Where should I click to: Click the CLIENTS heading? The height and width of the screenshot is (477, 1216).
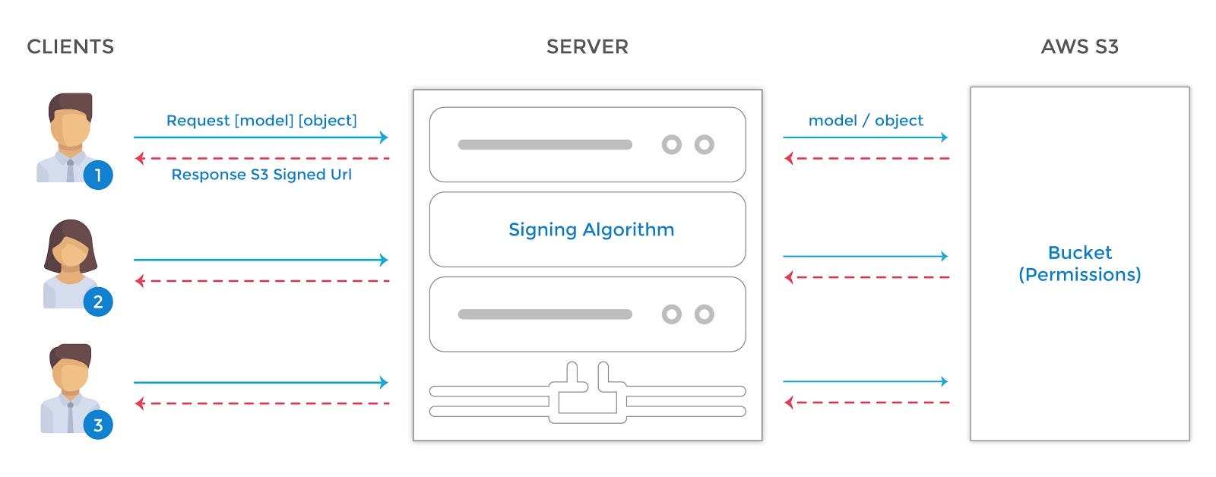(70, 47)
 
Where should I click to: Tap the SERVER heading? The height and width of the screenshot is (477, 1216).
(587, 47)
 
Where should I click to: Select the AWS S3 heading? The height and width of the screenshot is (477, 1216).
(1079, 47)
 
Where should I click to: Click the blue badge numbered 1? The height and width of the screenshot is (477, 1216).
(97, 175)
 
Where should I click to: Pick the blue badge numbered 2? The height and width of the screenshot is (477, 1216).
(97, 302)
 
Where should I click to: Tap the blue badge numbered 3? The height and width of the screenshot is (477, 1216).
(97, 425)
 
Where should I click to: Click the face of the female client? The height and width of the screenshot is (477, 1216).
(71, 253)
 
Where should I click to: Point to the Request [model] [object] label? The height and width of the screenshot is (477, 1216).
(261, 121)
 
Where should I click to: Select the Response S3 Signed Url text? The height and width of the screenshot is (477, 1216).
(261, 175)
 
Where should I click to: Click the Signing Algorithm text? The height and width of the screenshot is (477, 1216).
(591, 229)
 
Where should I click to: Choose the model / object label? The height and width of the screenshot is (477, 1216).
(866, 121)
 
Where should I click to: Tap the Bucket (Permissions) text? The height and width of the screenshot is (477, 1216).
(1079, 264)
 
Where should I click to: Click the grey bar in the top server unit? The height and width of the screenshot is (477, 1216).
(545, 144)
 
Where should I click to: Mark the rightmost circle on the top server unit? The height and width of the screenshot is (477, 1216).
(705, 144)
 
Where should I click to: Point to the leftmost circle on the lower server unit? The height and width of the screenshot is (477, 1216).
(672, 314)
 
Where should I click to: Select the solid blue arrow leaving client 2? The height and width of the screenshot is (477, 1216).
(261, 260)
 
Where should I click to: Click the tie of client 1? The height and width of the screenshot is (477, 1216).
(70, 171)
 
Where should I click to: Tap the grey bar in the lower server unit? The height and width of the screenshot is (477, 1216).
(545, 314)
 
